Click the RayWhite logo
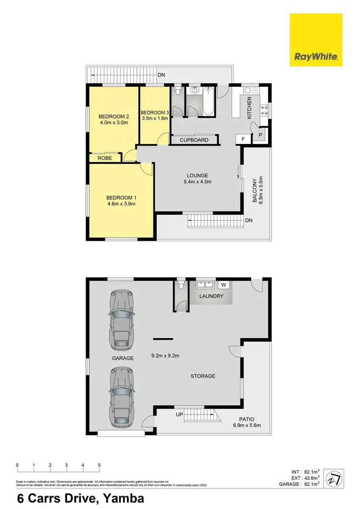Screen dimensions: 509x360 [316, 40]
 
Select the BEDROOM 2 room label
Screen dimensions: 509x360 [114, 117]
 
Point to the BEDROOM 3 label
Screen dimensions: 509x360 [154, 113]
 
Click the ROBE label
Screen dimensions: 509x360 [105, 158]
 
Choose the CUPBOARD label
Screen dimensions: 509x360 [194, 140]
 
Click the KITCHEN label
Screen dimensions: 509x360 [249, 107]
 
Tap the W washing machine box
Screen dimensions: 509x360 [223, 285]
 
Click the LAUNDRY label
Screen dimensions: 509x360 [212, 296]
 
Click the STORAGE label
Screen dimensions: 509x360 [203, 376]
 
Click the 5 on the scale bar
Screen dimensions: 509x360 [99, 465]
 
